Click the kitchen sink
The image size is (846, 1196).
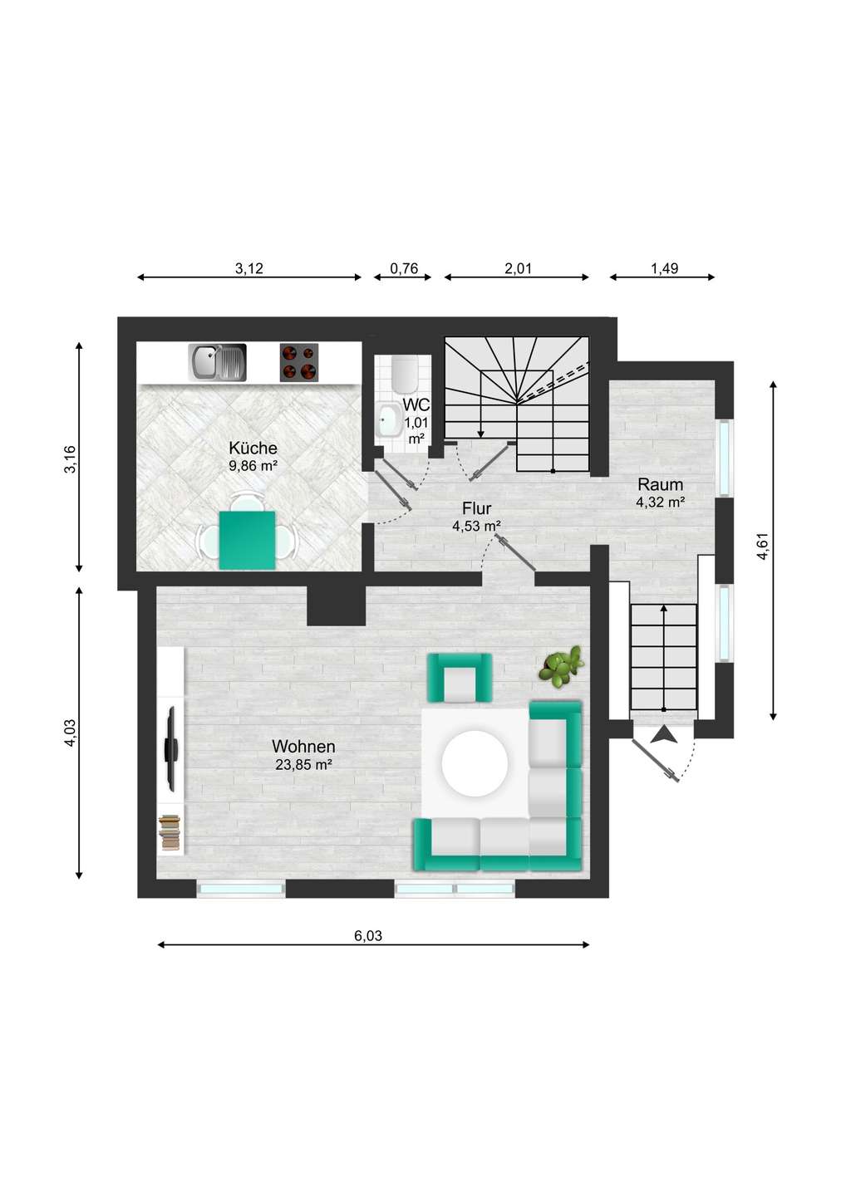click(x=217, y=362)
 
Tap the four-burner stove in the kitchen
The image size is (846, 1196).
click(x=299, y=362)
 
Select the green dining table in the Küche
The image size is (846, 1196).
click(x=248, y=540)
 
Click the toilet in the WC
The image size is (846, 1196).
click(x=405, y=372)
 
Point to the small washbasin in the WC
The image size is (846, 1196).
click(x=390, y=419)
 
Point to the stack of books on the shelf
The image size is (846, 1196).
click(x=170, y=832)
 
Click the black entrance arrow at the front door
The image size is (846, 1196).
click(x=664, y=735)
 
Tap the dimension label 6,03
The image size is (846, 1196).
click(x=368, y=936)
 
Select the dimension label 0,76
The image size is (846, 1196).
click(x=403, y=268)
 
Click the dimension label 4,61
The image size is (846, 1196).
click(x=763, y=547)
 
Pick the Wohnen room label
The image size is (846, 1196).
click(x=303, y=746)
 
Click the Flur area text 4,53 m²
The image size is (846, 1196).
click(x=476, y=527)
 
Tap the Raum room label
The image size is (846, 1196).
click(x=660, y=485)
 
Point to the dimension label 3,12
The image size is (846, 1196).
click(x=248, y=268)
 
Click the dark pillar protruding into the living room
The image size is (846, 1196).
click(x=336, y=606)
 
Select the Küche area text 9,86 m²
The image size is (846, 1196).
click(x=253, y=466)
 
